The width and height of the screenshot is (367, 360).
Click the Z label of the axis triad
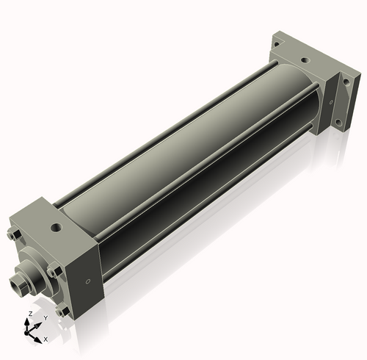31,314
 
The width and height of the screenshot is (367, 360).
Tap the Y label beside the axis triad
46,318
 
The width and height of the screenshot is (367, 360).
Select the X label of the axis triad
46,339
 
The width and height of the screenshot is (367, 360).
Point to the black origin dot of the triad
26,333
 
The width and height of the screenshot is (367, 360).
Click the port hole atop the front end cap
57,228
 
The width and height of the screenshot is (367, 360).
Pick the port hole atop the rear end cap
305,60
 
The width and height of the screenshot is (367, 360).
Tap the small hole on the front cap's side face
88,281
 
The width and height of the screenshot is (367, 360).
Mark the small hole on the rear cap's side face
331,102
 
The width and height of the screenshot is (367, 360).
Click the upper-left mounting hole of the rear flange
277,44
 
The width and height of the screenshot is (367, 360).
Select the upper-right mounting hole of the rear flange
346,82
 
